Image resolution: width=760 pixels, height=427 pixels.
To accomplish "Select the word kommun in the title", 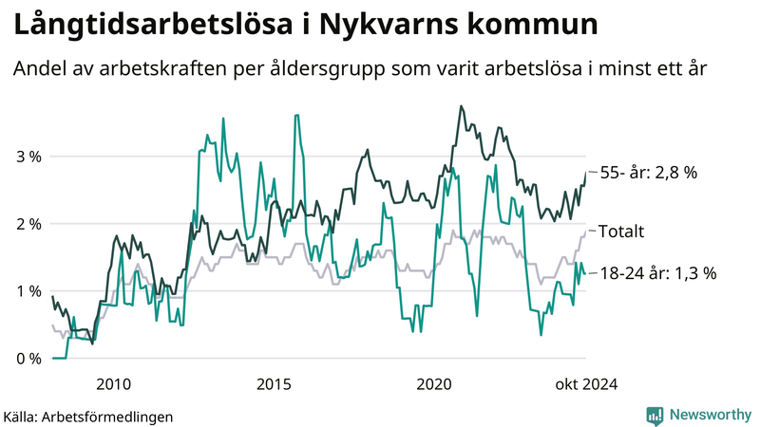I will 537,26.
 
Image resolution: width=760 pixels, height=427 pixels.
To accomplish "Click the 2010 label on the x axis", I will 114,384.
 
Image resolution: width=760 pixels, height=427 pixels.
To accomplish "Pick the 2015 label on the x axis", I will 275,384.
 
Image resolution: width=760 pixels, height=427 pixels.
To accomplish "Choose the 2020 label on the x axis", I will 435,384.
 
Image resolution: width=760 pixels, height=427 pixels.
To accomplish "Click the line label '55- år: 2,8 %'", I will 650,173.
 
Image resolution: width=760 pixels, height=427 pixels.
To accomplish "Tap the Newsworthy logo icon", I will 655,415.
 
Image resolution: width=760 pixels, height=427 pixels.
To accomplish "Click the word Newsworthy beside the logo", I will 708,415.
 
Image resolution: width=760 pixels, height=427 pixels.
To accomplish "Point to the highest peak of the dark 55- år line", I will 461,106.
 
